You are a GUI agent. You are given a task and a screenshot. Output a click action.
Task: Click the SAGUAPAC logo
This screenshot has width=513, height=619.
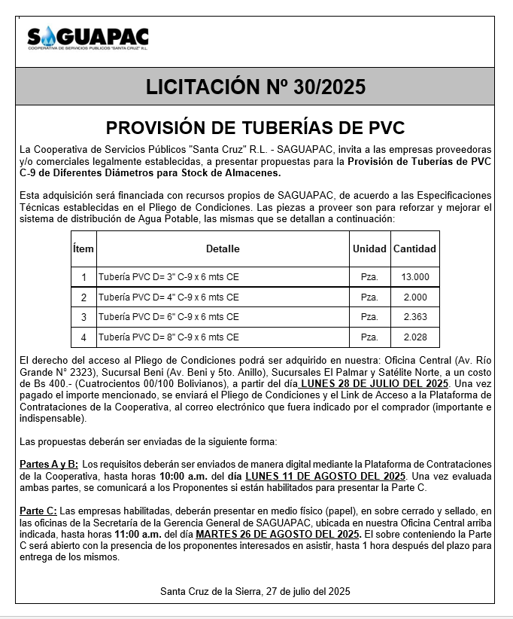coord(87,38)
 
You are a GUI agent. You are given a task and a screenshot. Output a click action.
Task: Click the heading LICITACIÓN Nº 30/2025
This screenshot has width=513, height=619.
coord(256,87)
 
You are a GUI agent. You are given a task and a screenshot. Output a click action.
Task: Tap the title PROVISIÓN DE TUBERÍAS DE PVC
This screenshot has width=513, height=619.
coord(256,127)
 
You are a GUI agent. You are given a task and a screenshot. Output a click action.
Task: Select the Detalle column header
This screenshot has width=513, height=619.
coord(223,249)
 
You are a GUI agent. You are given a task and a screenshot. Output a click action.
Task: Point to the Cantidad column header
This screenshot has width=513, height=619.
coord(414,249)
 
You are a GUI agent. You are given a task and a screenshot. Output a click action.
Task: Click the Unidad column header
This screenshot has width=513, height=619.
coord(369,249)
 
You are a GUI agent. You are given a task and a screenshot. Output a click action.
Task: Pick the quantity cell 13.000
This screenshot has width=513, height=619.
coord(415,277)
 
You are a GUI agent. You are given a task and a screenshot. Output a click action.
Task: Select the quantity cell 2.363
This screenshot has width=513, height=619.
coord(415,317)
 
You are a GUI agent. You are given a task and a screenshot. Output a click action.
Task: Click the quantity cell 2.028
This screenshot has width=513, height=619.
coord(415,337)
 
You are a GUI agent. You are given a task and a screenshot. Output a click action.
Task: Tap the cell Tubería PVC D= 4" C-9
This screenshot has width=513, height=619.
coord(169,297)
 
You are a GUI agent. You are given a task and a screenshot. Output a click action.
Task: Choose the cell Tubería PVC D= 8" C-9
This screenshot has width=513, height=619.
coord(169,337)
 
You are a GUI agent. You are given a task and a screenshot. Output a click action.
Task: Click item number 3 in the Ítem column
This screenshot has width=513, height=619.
coord(83,317)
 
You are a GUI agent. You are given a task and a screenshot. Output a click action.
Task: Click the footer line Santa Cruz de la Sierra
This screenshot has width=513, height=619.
coord(256,590)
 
